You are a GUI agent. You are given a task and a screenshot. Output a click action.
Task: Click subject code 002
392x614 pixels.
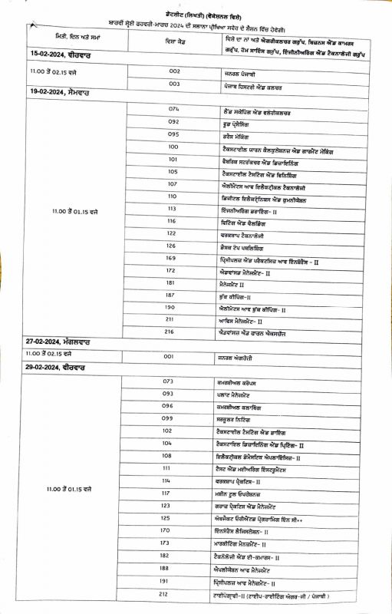174,71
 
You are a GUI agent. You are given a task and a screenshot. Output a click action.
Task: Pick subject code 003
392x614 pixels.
174,84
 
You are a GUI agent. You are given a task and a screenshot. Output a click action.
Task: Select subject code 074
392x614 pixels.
173,109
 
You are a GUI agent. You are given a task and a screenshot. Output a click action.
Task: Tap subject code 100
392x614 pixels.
173,147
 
